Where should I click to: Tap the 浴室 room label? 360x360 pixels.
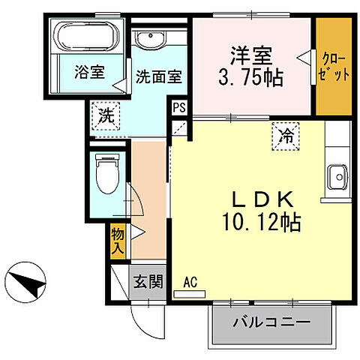point(89,73)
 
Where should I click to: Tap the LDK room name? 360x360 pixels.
point(251,200)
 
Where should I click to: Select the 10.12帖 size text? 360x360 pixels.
point(251,222)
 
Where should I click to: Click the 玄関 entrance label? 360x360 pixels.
point(148,282)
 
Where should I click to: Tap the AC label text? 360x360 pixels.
point(190,282)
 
